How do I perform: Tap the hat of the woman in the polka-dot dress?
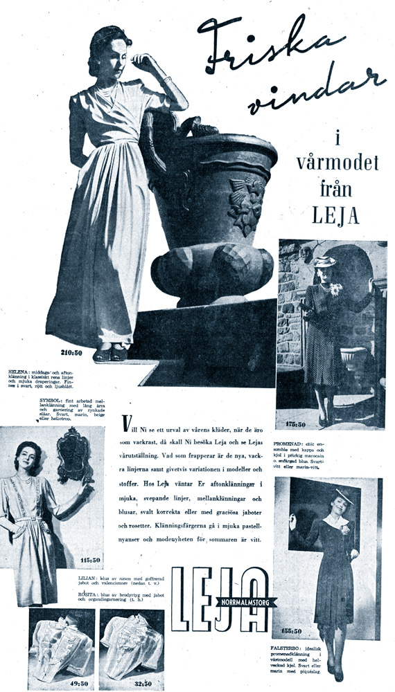[x=324, y=262]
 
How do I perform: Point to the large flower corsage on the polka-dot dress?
[x=336, y=289]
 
